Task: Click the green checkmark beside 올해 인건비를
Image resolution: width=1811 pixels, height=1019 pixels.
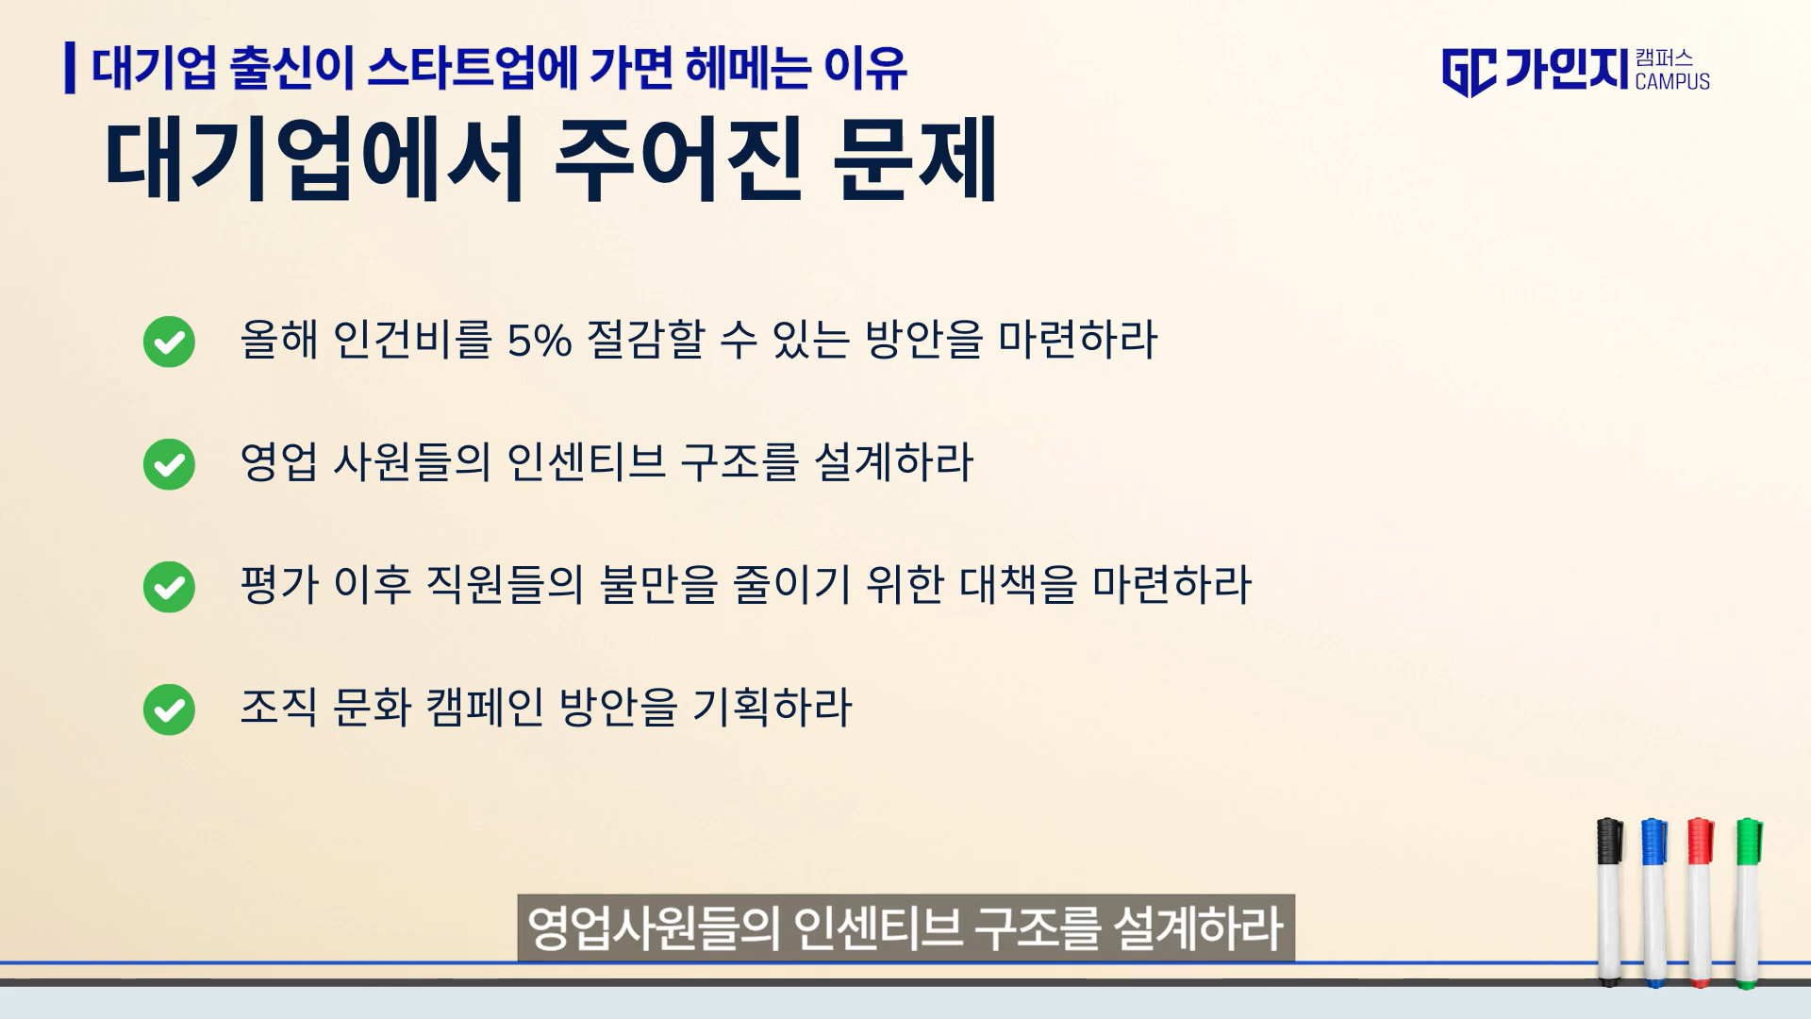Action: [x=169, y=342]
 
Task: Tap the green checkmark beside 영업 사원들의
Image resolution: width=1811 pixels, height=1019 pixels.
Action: [x=169, y=464]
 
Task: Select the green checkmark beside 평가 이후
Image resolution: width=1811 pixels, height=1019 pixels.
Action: [x=169, y=587]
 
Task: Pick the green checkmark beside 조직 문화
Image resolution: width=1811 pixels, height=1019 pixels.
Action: [x=169, y=710]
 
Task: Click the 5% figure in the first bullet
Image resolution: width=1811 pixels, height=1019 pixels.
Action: [x=540, y=341]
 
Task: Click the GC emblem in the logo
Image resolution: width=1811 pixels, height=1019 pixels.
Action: [x=1469, y=73]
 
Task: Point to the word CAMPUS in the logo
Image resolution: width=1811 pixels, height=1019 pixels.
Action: [x=1672, y=82]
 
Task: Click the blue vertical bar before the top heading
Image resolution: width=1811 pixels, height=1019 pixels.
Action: [x=70, y=68]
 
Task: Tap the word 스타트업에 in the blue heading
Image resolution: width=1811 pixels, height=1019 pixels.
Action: [x=472, y=68]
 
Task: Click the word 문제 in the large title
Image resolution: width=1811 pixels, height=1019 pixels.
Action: [x=915, y=159]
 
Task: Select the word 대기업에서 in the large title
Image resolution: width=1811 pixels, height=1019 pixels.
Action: [x=314, y=159]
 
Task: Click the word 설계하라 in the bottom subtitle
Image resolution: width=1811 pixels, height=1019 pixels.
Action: [x=1198, y=928]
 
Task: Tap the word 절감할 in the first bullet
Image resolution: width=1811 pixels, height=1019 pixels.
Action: [x=646, y=340]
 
